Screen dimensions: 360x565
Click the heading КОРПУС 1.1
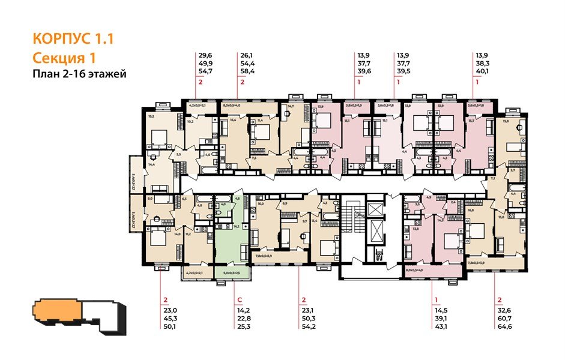click(73, 40)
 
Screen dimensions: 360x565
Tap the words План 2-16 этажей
click(79, 74)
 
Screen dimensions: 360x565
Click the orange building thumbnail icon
click(55, 313)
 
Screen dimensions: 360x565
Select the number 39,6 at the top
click(362, 70)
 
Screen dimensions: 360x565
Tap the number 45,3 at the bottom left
click(170, 317)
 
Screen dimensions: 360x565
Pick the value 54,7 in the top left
click(205, 70)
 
